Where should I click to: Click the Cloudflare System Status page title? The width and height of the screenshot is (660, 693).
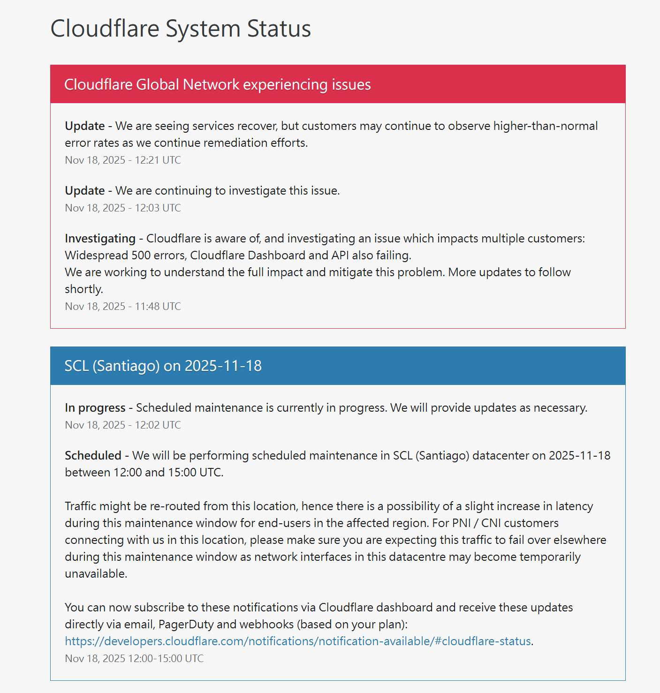181,29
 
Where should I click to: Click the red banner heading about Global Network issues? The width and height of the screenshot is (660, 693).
217,84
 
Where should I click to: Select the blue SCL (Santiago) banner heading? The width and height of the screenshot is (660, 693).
163,366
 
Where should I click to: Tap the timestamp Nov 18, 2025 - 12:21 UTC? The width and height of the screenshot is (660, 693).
123,160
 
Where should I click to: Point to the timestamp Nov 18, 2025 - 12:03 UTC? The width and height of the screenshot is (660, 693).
123,208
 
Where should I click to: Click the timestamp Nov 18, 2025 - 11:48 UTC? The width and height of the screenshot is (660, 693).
123,307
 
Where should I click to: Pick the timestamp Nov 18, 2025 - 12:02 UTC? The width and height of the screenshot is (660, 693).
123,425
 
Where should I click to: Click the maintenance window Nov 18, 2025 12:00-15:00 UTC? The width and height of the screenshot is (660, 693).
134,659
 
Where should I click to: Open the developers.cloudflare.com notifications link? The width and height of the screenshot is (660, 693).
297,641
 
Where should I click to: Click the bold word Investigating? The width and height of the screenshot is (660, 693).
100,239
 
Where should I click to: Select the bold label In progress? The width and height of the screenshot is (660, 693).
95,408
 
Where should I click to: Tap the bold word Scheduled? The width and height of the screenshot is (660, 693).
93,456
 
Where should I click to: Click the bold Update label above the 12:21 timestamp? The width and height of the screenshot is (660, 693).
85,126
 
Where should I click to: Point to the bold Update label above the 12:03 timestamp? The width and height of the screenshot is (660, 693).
85,191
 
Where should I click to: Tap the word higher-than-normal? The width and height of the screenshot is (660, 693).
546,126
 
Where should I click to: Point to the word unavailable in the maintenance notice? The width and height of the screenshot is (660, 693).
95,574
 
